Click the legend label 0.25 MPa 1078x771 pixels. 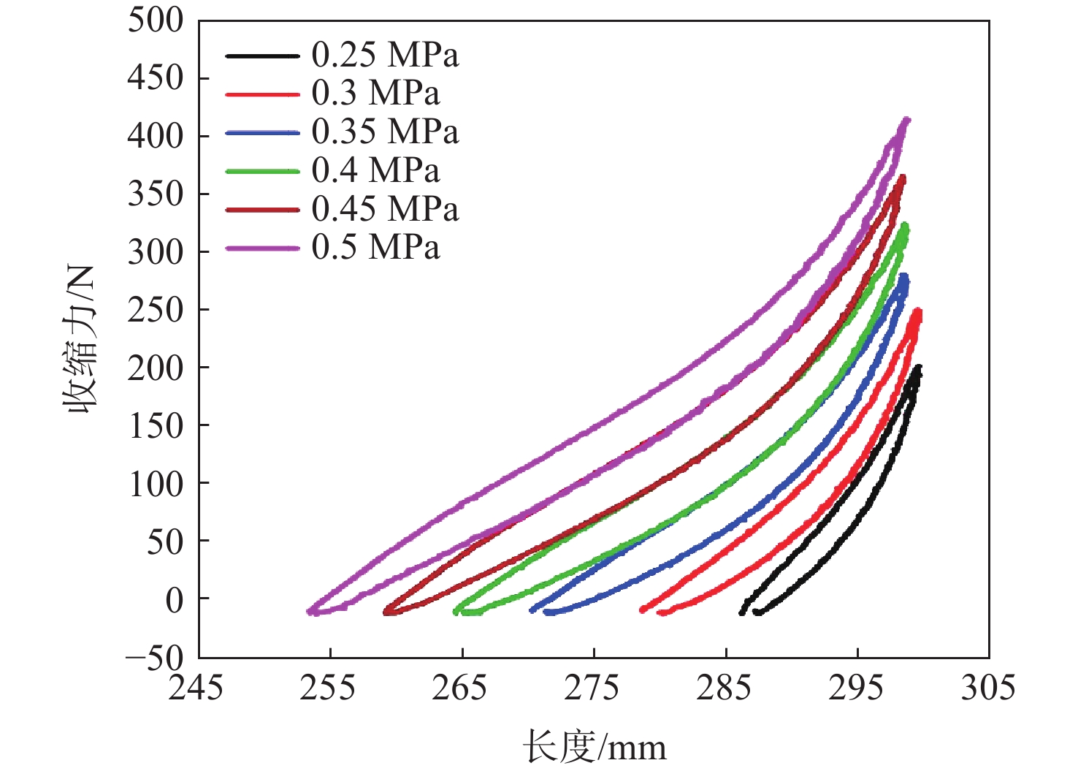tap(385, 55)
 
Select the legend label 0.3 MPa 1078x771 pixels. tap(375, 94)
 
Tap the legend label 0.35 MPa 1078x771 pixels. tap(385, 132)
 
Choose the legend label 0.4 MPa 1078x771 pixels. tap(375, 171)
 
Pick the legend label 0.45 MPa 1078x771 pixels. tap(385, 210)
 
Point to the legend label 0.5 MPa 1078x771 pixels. tap(375, 248)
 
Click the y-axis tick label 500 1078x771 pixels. tap(156, 20)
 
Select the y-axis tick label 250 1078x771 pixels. tap(156, 310)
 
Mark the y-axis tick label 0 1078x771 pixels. tap(175, 600)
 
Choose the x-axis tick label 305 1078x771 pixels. tap(988, 688)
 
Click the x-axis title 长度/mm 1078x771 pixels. tap(594, 748)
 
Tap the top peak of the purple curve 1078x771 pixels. tap(906, 120)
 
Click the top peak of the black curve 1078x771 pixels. tap(918, 368)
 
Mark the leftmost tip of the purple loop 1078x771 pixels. tap(310, 610)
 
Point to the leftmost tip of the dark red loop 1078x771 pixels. tap(386, 611)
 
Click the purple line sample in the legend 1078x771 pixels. tap(262, 248)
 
